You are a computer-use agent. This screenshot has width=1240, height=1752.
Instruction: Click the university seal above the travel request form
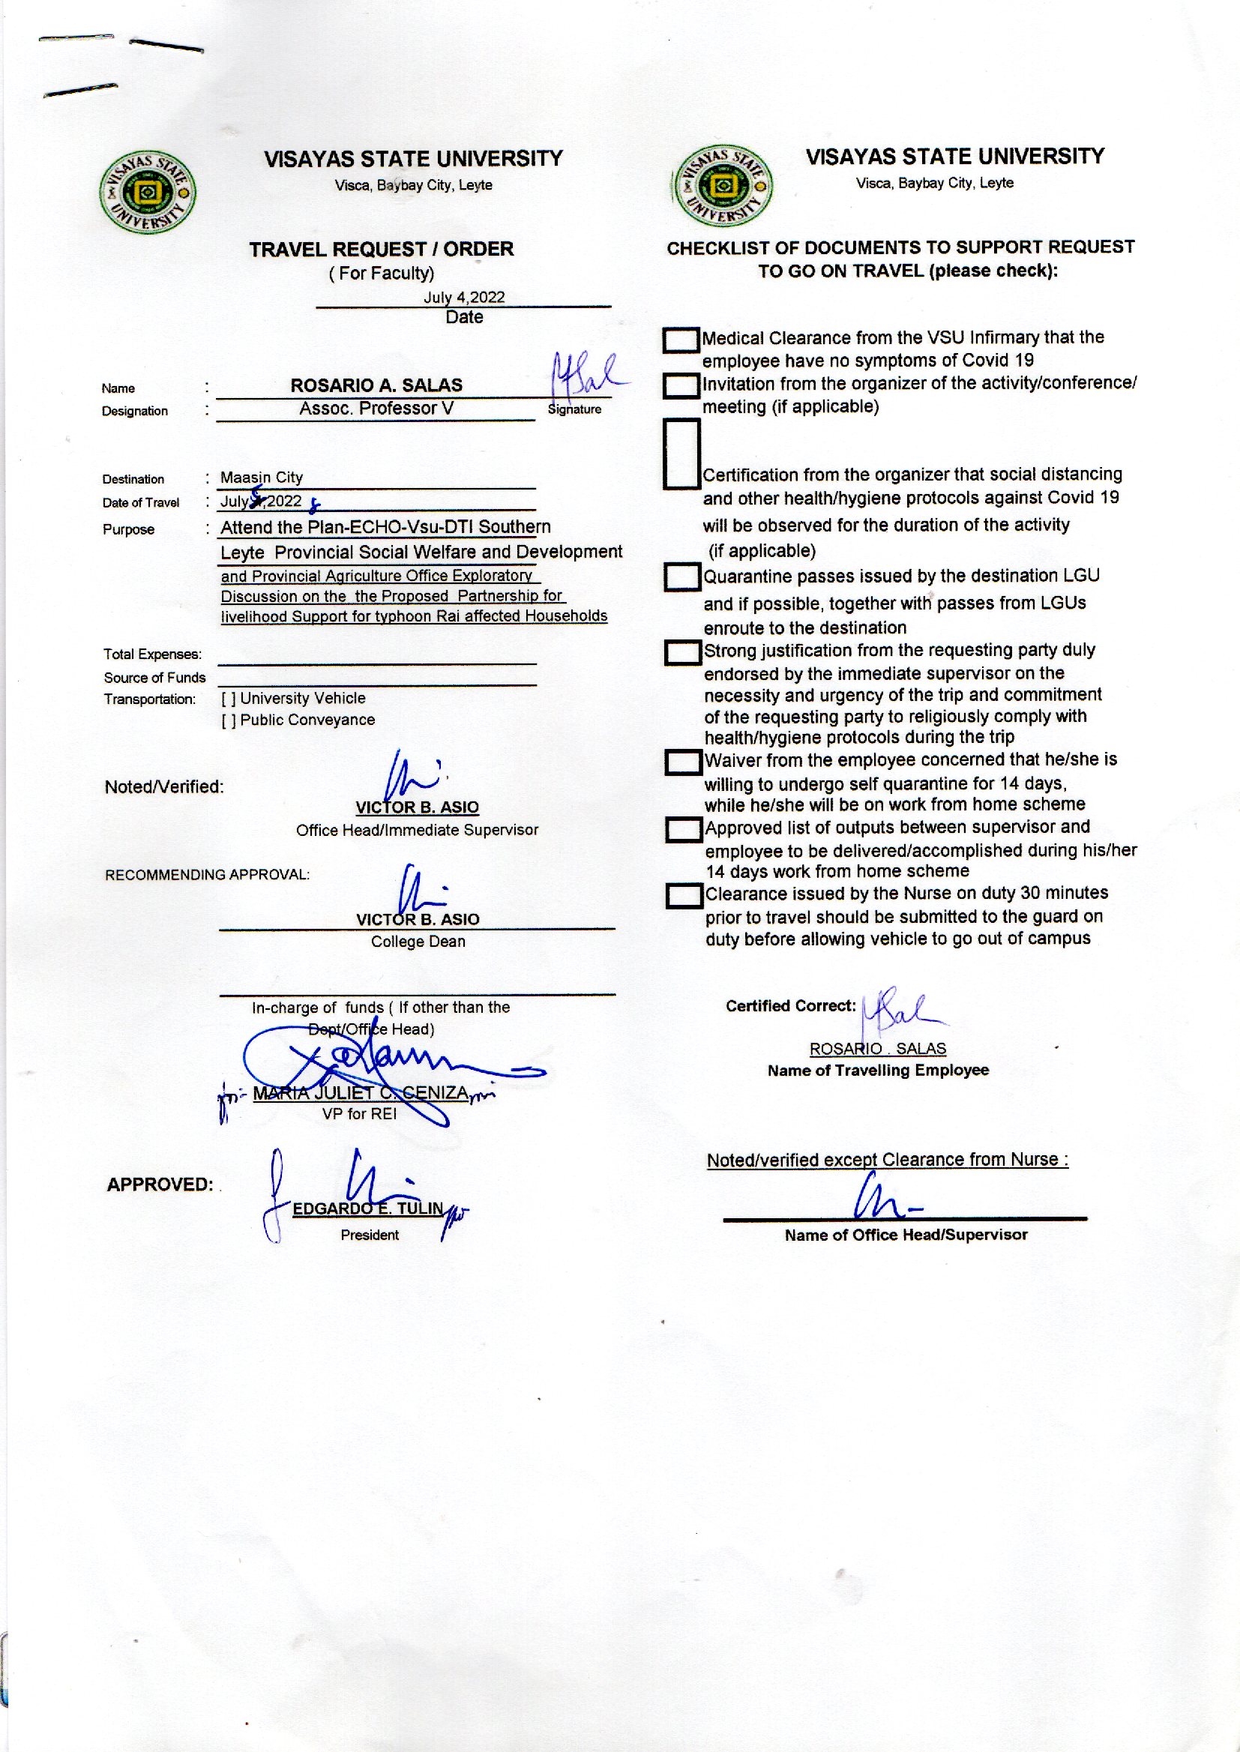coord(148,193)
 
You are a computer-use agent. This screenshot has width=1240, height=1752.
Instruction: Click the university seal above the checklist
coord(722,186)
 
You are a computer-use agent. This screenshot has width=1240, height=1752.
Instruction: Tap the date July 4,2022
coord(464,297)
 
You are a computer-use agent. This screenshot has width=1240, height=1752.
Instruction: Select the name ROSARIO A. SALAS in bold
coord(376,385)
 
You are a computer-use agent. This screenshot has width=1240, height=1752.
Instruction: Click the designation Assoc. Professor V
coord(376,409)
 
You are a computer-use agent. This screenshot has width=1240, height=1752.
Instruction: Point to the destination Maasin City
coord(262,477)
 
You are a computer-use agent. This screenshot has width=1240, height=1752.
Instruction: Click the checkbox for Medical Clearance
coord(680,340)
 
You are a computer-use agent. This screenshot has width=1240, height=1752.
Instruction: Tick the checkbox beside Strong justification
coord(683,653)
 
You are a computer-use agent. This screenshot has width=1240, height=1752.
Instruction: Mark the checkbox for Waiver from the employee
coord(683,762)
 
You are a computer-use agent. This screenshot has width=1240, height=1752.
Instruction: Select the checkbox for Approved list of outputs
coord(684,830)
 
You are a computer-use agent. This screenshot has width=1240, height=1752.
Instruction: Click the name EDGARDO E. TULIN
coord(368,1208)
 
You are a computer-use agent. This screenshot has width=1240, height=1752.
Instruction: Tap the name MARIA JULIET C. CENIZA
coord(361,1093)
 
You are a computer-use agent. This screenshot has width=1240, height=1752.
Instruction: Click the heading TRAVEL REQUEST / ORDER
coord(381,249)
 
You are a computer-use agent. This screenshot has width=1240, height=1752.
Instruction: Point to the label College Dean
coord(418,942)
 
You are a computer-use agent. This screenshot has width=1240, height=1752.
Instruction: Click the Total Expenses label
coord(153,654)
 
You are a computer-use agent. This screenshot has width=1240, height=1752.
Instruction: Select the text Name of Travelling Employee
coord(878,1071)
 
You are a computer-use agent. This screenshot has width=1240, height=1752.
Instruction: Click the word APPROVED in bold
coord(160,1184)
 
